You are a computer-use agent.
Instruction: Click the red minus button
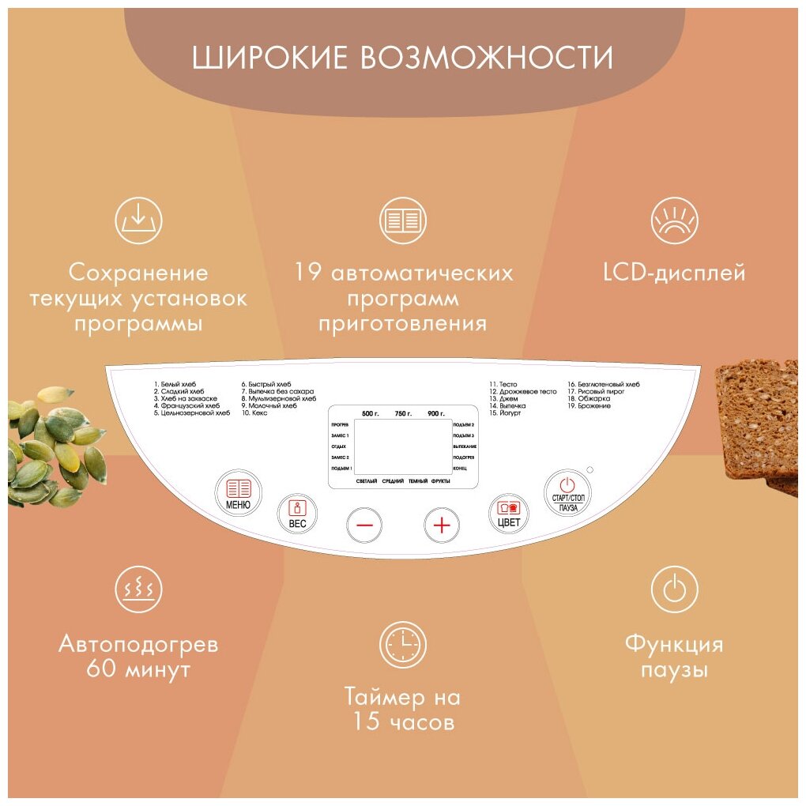(364, 525)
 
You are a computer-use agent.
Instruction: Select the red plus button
(442, 525)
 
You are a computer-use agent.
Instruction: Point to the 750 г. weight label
(404, 414)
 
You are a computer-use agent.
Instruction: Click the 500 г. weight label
(371, 414)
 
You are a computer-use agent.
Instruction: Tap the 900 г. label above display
(436, 414)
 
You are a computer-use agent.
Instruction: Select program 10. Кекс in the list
(256, 413)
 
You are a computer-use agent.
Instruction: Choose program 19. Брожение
(589, 406)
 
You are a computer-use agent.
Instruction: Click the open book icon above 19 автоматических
(403, 220)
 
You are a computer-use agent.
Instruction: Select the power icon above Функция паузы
(674, 589)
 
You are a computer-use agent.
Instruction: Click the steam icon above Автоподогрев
(139, 589)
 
